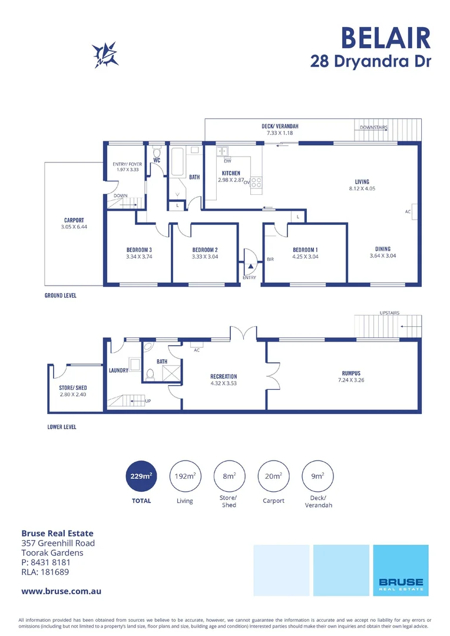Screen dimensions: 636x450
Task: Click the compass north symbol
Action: (x=107, y=55)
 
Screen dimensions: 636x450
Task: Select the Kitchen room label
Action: (x=230, y=173)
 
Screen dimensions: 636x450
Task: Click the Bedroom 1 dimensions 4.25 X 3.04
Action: (x=305, y=257)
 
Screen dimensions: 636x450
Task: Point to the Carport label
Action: (x=74, y=220)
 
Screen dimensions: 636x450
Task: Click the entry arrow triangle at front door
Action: (x=250, y=267)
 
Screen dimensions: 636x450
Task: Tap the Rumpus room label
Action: (x=351, y=373)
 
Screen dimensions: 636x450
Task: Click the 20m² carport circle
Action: (x=273, y=476)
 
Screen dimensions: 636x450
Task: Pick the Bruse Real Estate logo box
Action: (x=401, y=570)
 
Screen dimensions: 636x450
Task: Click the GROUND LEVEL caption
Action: (x=61, y=296)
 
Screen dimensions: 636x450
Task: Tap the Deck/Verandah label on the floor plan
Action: (x=280, y=127)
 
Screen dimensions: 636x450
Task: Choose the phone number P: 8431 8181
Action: (x=45, y=562)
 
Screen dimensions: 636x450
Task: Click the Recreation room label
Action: (x=223, y=376)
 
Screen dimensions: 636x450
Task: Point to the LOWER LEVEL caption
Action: (x=62, y=427)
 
